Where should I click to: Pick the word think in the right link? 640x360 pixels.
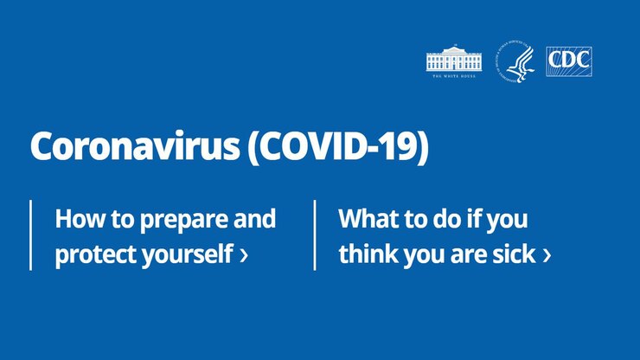tap(364, 255)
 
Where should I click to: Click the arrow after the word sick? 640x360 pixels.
tap(547, 256)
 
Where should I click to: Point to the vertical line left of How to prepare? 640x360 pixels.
tap(31, 235)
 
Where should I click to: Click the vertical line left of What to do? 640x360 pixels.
tap(315, 235)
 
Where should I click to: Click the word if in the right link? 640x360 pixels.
tap(477, 219)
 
